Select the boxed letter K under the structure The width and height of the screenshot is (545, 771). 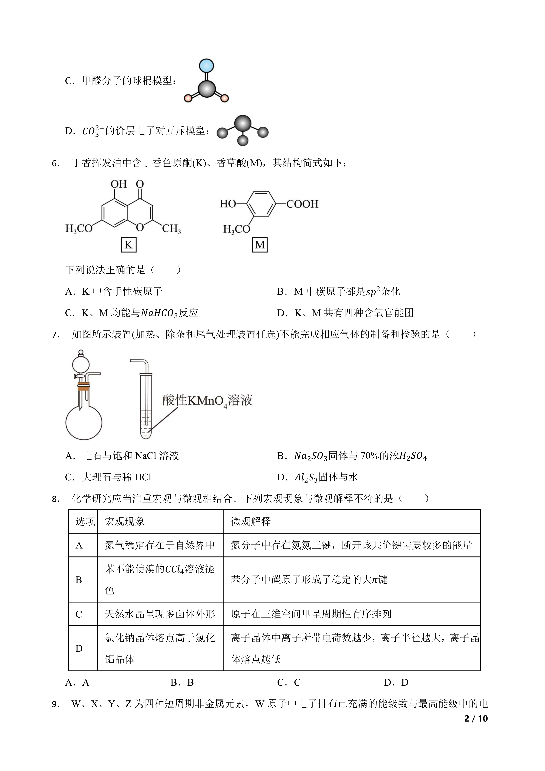[128, 245]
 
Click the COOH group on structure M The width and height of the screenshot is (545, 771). [302, 204]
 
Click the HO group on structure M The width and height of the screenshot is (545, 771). [228, 204]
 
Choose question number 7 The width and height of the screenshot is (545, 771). [56, 334]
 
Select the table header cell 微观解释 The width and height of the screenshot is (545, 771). [251, 522]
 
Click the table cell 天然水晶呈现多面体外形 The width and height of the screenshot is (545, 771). [160, 614]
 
